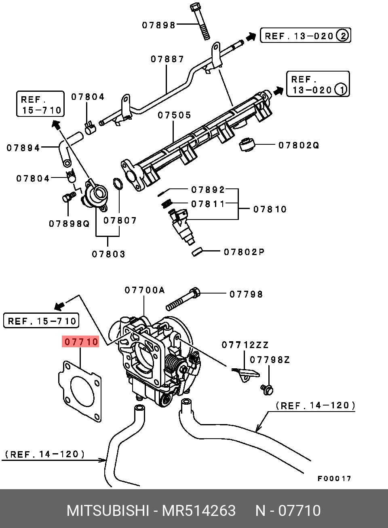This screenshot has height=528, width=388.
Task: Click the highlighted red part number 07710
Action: coord(80,342)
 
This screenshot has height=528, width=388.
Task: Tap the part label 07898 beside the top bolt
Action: coord(159,25)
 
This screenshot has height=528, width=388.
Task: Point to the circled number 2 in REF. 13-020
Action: coord(343,36)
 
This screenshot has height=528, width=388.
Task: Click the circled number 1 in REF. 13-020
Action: coord(341,90)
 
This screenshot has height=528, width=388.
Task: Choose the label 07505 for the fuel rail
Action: coord(174,115)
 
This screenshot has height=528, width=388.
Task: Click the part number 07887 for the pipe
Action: coord(167,59)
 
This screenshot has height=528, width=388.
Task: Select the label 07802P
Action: coord(244,252)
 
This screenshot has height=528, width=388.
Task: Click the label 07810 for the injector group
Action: coord(270,209)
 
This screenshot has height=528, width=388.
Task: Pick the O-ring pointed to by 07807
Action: coord(118,184)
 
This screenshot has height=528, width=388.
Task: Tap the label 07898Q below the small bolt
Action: coord(69,224)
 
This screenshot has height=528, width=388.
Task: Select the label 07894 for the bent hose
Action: coord(23,148)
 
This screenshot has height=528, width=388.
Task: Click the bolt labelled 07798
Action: coord(183,299)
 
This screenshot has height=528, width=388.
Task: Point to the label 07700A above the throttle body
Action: coord(145,290)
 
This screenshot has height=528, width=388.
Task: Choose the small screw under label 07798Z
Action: coord(267,390)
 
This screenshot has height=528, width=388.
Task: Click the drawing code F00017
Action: coord(334,478)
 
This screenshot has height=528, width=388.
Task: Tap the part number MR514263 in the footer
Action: coord(199,511)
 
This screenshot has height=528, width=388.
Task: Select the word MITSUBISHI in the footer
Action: coord(108,511)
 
